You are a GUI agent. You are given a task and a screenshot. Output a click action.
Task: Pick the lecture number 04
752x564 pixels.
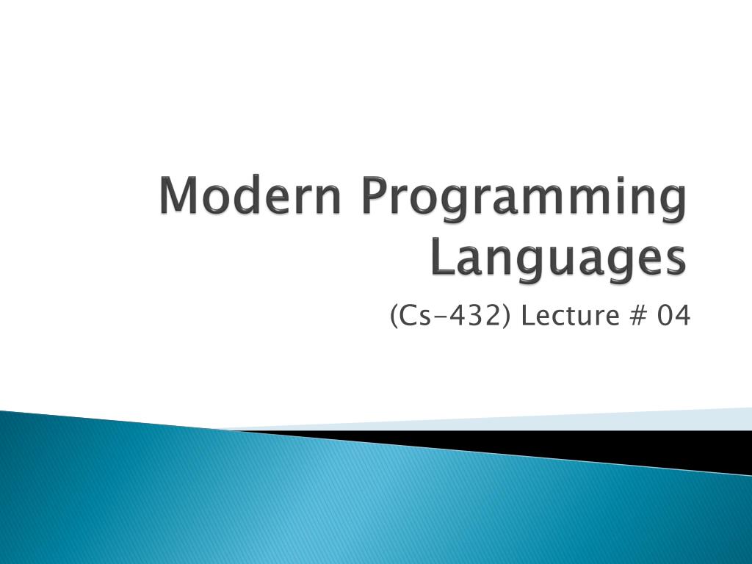[x=673, y=316]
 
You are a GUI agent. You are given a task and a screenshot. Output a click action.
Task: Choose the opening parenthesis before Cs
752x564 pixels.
[x=394, y=317]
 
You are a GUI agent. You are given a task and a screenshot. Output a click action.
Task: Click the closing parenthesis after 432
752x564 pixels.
[x=507, y=317]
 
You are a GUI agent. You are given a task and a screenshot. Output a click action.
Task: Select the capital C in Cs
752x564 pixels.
[x=410, y=316]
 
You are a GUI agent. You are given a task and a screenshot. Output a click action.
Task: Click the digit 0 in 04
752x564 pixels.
[x=665, y=316]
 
